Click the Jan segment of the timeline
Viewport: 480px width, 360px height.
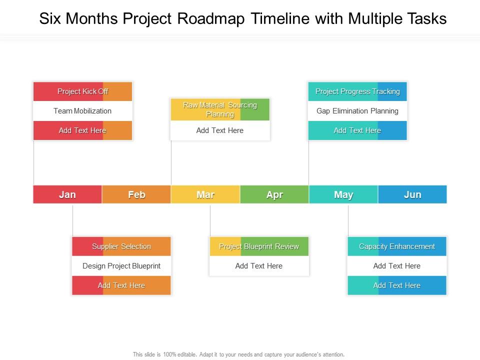pos(67,194)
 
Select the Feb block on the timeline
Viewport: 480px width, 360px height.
pos(136,194)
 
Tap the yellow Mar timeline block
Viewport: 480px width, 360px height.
pos(205,194)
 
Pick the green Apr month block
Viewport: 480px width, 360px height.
pos(274,194)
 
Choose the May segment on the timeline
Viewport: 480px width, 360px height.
pos(343,194)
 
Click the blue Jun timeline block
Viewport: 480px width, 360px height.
pos(412,194)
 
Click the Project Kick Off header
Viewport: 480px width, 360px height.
pos(82,91)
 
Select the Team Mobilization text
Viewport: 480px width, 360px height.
pos(82,111)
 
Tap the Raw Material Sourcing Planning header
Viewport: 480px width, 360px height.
pos(220,109)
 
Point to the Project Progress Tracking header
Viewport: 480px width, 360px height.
pos(357,91)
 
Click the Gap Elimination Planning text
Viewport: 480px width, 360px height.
pos(357,111)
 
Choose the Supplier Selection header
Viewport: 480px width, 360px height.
pos(121,246)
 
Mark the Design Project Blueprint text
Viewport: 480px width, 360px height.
pos(121,266)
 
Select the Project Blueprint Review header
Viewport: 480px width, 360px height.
pos(259,246)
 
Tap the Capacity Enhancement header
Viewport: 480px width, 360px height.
pos(397,246)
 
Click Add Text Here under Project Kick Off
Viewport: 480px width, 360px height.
pos(82,130)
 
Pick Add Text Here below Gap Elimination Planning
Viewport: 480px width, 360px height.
pos(357,130)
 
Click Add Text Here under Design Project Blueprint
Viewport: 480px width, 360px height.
pos(121,285)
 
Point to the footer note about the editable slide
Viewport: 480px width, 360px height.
pos(238,354)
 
